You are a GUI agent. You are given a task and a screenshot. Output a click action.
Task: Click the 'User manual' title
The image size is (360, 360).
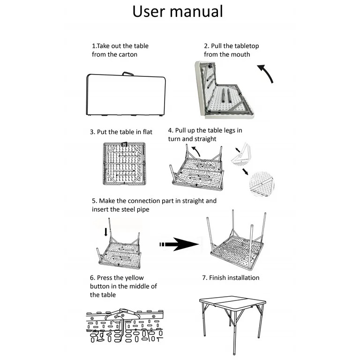[178, 11]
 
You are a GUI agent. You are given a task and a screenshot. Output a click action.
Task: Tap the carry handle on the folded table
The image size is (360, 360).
[127, 74]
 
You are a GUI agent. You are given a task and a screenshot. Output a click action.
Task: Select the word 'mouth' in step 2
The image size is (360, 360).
[240, 54]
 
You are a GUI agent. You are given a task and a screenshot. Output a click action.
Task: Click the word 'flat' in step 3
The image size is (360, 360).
[147, 132]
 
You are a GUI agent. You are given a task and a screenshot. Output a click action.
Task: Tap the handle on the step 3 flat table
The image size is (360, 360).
[124, 144]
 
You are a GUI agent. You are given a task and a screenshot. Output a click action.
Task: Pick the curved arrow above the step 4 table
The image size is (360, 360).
[196, 150]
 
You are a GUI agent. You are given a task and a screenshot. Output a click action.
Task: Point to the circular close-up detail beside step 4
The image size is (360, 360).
[262, 184]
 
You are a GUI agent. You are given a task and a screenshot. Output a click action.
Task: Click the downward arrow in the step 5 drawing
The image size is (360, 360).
[105, 232]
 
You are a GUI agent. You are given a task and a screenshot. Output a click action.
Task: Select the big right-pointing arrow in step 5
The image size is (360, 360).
[180, 244]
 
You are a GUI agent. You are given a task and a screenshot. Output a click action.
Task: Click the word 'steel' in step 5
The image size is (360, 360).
[127, 210]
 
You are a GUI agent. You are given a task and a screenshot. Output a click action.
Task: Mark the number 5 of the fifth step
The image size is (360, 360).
[94, 201]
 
